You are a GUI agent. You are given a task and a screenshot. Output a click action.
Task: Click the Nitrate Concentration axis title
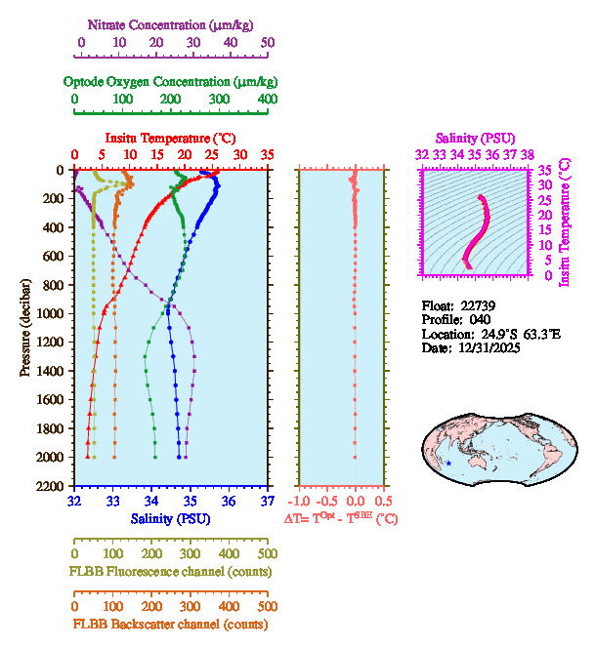(171, 24)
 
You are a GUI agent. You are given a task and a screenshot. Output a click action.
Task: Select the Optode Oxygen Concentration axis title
(171, 81)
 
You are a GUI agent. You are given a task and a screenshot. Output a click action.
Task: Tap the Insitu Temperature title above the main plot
(171, 138)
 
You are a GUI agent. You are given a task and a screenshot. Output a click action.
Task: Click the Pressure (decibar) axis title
(26, 328)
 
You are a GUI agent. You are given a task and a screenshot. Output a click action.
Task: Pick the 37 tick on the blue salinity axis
(268, 502)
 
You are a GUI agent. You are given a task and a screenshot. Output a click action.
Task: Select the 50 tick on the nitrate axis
(268, 43)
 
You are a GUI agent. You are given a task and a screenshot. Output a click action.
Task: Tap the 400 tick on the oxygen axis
(267, 100)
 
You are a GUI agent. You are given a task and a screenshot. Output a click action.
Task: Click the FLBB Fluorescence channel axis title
(171, 571)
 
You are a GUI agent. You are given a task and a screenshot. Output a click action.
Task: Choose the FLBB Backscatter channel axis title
(171, 624)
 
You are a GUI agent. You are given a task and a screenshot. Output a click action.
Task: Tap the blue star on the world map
(448, 462)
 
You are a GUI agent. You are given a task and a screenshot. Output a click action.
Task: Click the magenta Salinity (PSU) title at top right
(475, 138)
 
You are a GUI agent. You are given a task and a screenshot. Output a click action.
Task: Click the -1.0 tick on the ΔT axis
(303, 502)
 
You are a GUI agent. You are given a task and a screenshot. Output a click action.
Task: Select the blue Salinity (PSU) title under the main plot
(171, 518)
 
